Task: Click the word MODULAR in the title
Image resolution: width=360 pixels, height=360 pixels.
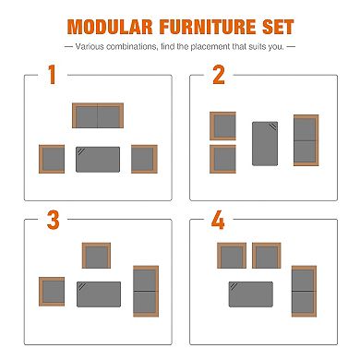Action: pyautogui.click(x=110, y=27)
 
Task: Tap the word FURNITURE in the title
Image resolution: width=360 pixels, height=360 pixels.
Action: pyautogui.click(x=208, y=27)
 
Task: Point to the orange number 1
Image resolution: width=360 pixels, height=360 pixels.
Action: pyautogui.click(x=52, y=75)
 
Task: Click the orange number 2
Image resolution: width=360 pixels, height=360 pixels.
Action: pyautogui.click(x=219, y=75)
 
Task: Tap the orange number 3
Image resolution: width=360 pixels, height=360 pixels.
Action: pyautogui.click(x=53, y=220)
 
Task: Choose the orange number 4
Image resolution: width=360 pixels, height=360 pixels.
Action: pyautogui.click(x=218, y=220)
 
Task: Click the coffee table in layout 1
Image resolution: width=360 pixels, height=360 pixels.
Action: pyautogui.click(x=98, y=160)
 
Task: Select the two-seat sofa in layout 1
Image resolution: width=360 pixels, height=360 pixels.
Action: pyautogui.click(x=98, y=115)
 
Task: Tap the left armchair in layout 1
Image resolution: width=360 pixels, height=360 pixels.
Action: pyautogui.click(x=52, y=159)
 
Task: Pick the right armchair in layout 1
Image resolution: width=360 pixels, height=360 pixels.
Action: pyautogui.click(x=144, y=159)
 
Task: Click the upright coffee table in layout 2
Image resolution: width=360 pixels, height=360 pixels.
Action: pyautogui.click(x=265, y=144)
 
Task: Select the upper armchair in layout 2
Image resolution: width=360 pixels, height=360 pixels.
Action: pyautogui.click(x=222, y=126)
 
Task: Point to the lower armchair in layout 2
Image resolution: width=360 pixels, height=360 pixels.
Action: pyautogui.click(x=222, y=159)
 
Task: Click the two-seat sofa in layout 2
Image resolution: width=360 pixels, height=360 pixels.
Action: pyautogui.click(x=306, y=140)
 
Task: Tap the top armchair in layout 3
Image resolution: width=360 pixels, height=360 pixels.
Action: pyautogui.click(x=96, y=256)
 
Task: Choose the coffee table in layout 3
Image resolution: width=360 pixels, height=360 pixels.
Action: pyautogui.click(x=99, y=294)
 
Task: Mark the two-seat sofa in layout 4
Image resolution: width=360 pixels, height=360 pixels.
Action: pyautogui.click(x=304, y=291)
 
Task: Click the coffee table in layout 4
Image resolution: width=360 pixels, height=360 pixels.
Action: pyautogui.click(x=251, y=294)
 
